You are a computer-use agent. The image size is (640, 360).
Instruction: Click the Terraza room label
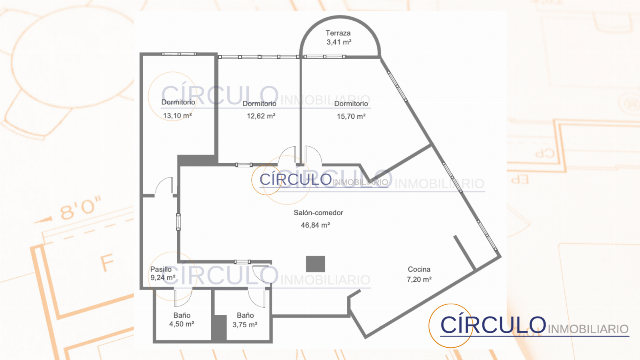(338, 33)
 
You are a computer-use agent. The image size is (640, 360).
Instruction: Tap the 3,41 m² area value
(339, 42)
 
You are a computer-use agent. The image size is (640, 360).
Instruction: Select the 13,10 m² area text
(177, 116)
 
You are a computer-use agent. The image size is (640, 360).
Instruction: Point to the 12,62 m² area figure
(261, 116)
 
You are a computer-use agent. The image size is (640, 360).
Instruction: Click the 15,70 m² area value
(351, 116)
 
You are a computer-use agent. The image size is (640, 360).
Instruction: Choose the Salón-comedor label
(318, 212)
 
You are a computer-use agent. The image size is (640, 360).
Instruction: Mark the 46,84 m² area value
(316, 225)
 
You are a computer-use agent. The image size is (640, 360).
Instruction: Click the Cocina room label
(419, 269)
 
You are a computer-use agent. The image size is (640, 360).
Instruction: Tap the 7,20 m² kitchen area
(419, 280)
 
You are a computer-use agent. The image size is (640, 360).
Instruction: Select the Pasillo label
(161, 269)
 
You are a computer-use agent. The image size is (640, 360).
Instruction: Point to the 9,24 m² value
(163, 278)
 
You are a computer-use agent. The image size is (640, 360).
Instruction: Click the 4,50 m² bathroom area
(182, 324)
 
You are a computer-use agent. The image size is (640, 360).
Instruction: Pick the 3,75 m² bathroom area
(245, 325)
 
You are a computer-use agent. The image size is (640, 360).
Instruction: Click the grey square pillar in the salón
(316, 264)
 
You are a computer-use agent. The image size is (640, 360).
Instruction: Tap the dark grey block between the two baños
(219, 328)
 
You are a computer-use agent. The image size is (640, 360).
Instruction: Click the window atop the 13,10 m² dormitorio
(179, 54)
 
